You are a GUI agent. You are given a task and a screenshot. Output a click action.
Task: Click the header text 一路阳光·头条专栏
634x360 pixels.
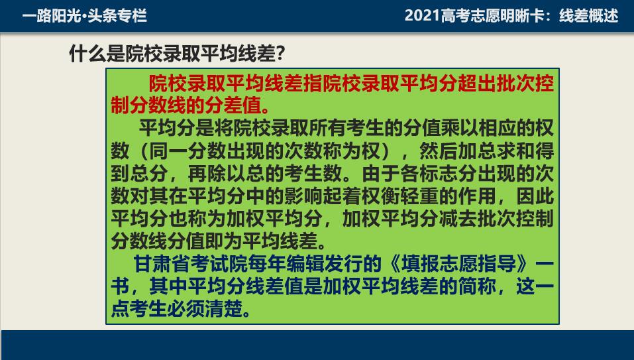[x=85, y=16]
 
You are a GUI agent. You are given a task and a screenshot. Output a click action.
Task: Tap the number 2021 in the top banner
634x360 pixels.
[x=422, y=16]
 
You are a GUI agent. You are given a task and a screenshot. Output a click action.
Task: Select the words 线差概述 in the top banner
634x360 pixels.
[x=589, y=16]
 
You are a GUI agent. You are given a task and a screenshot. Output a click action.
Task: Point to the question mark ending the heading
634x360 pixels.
[x=281, y=54]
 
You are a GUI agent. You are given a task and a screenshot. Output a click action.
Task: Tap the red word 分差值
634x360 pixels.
[x=233, y=105]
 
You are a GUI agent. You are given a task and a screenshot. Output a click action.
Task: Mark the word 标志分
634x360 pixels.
[x=448, y=174]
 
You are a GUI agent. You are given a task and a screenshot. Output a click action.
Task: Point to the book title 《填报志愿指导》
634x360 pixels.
[x=460, y=264]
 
